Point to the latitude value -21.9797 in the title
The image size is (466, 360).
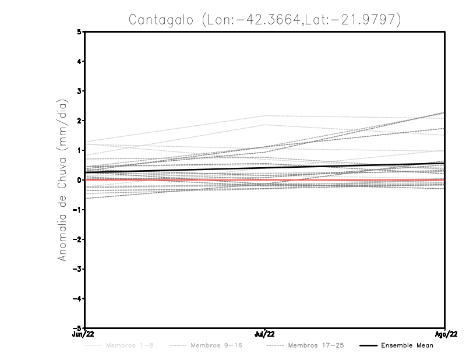(368, 20)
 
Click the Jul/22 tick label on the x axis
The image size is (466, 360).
(264, 334)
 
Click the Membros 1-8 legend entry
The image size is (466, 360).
(130, 346)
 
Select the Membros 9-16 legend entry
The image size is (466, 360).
(216, 346)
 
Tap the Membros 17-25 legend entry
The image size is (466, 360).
(315, 346)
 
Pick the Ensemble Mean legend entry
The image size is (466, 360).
(407, 346)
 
